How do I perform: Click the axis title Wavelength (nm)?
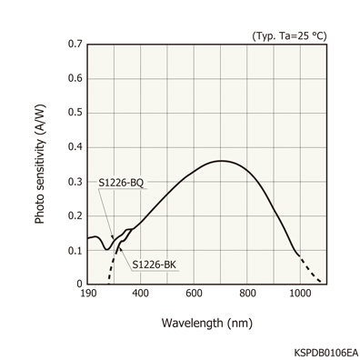coord(206,323)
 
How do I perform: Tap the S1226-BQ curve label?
coord(121,183)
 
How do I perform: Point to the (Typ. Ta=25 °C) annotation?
coord(289,35)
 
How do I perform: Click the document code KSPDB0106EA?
coord(325,350)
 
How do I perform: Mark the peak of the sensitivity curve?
coord(221,161)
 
